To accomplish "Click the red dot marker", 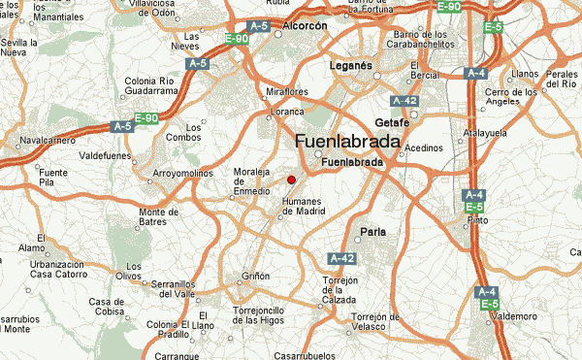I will pyautogui.click(x=291, y=179).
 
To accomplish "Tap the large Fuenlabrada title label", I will pyautogui.click(x=346, y=142).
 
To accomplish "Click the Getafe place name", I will pyautogui.click(x=392, y=122).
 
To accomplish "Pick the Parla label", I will pyautogui.click(x=372, y=231).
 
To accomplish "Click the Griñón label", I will pyautogui.click(x=256, y=277).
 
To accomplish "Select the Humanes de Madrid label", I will pyautogui.click(x=303, y=206).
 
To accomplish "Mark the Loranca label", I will pyautogui.click(x=285, y=112).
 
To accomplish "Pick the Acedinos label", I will pyautogui.click(x=424, y=148).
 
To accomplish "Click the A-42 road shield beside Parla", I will pyautogui.click(x=341, y=258).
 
